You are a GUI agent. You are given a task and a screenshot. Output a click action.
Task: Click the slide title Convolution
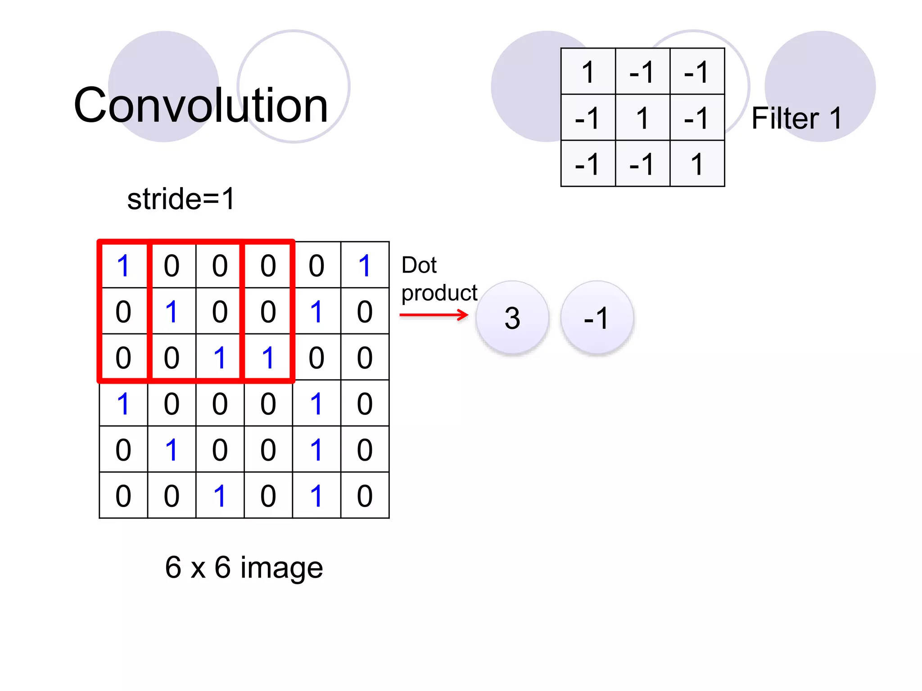coord(201,105)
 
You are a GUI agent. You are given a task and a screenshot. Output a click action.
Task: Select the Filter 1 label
coord(796,118)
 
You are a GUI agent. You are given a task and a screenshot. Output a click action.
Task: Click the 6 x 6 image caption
coord(244,567)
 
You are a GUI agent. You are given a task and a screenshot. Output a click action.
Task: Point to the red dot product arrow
coord(434,314)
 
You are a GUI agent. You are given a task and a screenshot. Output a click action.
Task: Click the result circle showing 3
coord(512,318)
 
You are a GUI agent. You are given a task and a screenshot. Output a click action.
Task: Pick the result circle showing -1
coord(597,318)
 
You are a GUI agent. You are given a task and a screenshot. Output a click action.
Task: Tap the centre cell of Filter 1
coord(642,118)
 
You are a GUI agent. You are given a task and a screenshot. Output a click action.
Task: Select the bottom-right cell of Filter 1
coord(697,164)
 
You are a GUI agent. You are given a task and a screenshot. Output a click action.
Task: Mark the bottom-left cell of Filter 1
coord(588,164)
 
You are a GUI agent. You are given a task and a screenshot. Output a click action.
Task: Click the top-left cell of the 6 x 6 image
coord(123,265)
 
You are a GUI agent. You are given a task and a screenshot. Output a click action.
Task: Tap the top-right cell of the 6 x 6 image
coord(365,265)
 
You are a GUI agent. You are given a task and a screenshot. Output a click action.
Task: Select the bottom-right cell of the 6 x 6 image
coord(365,496)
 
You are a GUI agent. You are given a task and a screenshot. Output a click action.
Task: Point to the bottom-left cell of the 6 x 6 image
coord(123,496)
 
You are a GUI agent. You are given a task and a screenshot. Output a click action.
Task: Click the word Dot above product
coord(419,265)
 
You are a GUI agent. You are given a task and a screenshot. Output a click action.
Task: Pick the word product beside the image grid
coord(439,293)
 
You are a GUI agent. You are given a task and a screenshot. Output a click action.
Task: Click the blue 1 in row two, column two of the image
coord(172,311)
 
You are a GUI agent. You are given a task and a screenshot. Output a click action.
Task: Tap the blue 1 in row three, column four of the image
coord(268,358)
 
